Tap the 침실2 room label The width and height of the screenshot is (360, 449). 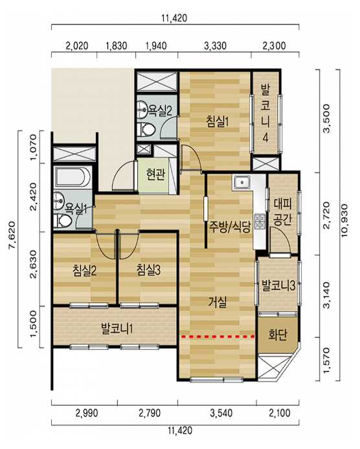coord(85,270)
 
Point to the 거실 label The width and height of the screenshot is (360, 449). coord(218,302)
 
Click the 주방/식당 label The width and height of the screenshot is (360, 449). coord(230,227)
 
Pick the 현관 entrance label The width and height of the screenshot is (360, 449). coord(155,174)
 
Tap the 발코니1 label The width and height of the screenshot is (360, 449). coord(117,328)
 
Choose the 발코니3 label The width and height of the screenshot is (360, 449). coord(278,286)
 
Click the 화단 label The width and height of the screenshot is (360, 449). coord(277,334)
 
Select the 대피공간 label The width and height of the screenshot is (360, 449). coord(282,212)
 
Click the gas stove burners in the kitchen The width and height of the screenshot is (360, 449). coord(260,222)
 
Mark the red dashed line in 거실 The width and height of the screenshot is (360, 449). coord(218,337)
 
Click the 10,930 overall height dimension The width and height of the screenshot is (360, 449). coord(344,220)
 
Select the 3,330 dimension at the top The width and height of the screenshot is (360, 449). coord(215,46)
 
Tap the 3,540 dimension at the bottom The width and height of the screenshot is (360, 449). coord(221,413)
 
